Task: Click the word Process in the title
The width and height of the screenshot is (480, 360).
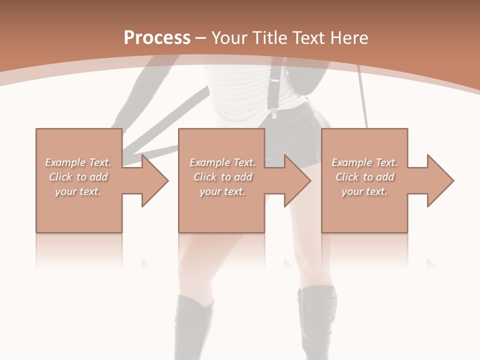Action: pos(157,38)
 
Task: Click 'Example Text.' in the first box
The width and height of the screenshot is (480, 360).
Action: pos(78,162)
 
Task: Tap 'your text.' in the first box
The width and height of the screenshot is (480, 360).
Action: pos(78,191)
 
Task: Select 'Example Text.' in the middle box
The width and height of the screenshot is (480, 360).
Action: pos(222,162)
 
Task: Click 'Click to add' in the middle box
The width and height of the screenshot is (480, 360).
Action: pos(222,177)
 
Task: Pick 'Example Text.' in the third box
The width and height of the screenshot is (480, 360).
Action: pos(364,162)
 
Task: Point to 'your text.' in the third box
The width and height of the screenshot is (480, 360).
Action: pos(364,191)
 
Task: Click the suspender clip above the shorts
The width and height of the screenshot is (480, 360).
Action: pos(274,113)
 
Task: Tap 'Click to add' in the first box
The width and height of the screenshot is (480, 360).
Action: pos(78,177)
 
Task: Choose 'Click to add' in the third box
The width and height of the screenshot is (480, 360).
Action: pos(364,177)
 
